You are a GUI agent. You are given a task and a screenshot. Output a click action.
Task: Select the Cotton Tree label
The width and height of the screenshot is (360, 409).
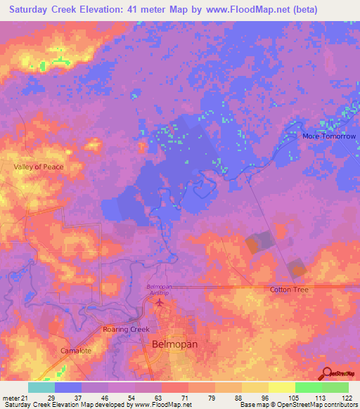click(x=289, y=290)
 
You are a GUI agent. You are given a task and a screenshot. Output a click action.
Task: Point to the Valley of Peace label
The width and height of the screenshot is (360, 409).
click(x=39, y=167)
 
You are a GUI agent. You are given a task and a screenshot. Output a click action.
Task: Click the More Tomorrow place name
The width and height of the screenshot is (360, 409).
click(x=329, y=136)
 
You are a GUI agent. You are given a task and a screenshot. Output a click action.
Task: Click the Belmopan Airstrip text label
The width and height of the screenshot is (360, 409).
click(x=158, y=290)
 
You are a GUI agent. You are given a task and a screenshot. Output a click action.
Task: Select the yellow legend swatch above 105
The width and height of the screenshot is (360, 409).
click(x=281, y=387)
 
